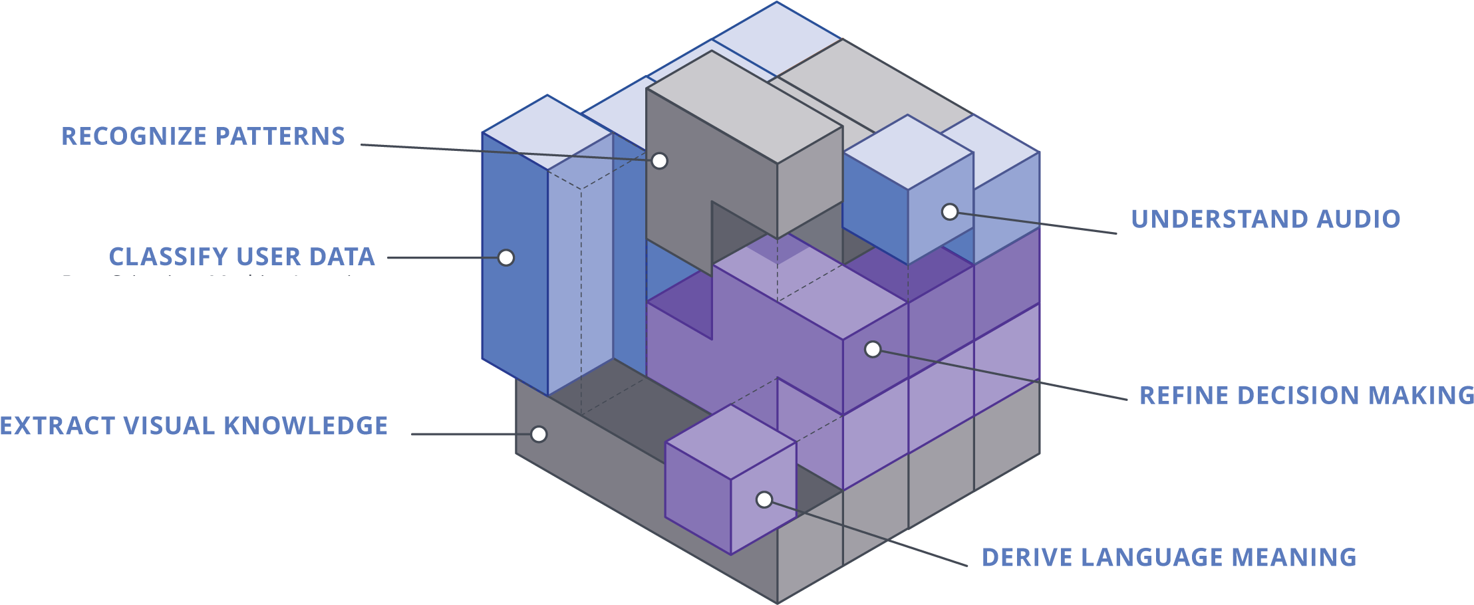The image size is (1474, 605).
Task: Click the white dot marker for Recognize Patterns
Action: click(659, 161)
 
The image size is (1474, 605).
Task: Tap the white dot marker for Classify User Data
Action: click(506, 258)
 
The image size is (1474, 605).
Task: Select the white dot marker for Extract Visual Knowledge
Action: click(539, 434)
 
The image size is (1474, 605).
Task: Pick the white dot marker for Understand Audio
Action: click(950, 212)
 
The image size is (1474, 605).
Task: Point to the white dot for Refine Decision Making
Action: click(873, 349)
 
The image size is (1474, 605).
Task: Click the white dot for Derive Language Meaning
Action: click(764, 499)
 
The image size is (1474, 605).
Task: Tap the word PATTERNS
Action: click(279, 136)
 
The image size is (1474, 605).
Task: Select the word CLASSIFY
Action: click(168, 257)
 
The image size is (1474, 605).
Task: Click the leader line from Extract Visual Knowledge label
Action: click(466, 434)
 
